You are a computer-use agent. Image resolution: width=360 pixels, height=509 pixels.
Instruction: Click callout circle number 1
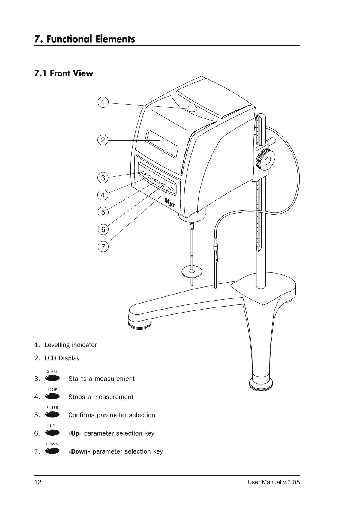pyautogui.click(x=103, y=103)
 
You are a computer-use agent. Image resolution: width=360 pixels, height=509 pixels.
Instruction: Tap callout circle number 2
pyautogui.click(x=103, y=140)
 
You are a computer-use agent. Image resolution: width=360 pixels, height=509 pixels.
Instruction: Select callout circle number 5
pyautogui.click(x=103, y=212)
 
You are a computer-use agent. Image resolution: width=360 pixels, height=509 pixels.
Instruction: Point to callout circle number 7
pyautogui.click(x=103, y=247)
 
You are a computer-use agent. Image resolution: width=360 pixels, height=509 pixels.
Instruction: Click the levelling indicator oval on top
pyautogui.click(x=192, y=109)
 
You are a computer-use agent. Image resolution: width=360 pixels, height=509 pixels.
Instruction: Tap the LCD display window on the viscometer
pyautogui.click(x=162, y=143)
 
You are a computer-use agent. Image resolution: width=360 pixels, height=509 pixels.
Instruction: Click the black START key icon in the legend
pyautogui.click(x=52, y=378)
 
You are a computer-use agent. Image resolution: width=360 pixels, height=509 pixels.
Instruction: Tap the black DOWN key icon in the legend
pyautogui.click(x=52, y=451)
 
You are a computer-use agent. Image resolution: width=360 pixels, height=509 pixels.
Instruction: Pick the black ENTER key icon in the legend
pyautogui.click(x=52, y=415)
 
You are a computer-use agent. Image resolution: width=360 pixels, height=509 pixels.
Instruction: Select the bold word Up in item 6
pyautogui.click(x=75, y=433)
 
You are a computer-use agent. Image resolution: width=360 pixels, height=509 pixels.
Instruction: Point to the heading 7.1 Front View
pyautogui.click(x=64, y=73)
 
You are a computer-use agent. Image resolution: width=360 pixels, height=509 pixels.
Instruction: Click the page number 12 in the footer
pyautogui.click(x=38, y=482)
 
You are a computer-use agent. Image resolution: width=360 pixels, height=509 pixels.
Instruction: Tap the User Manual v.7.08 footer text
pyautogui.click(x=274, y=482)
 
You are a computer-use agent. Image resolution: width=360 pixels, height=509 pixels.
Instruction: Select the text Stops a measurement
pyautogui.click(x=101, y=397)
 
